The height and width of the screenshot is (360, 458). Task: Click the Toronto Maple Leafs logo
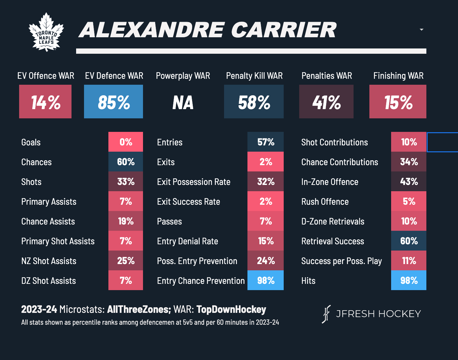pyautogui.click(x=46, y=32)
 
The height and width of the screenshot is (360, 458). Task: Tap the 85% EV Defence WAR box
pyautogui.click(x=113, y=102)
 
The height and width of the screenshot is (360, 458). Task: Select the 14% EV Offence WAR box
pyautogui.click(x=45, y=102)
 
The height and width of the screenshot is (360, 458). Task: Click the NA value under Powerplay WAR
pyautogui.click(x=183, y=103)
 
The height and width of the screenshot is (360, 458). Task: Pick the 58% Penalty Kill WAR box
pyautogui.click(x=254, y=102)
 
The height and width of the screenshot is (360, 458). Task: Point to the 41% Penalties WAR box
pyautogui.click(x=326, y=102)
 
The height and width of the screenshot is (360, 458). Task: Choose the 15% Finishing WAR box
pyautogui.click(x=398, y=102)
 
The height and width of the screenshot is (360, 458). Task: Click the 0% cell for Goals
pyautogui.click(x=126, y=142)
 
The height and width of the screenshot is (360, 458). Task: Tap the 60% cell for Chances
pyautogui.click(x=126, y=162)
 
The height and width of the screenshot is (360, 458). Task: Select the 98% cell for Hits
pyautogui.click(x=409, y=281)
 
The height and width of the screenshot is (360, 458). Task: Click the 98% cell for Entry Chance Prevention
pyautogui.click(x=266, y=281)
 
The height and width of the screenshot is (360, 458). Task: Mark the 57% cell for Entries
pyautogui.click(x=266, y=142)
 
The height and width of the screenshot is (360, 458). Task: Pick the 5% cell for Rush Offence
pyautogui.click(x=409, y=201)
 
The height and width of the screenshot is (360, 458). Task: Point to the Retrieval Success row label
pyautogui.click(x=332, y=241)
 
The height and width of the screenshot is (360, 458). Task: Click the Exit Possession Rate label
pyautogui.click(x=193, y=182)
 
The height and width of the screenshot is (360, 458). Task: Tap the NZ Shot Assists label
pyautogui.click(x=49, y=261)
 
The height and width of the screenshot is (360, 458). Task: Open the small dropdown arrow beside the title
pyautogui.click(x=421, y=30)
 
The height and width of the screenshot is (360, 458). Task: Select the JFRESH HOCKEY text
pyautogui.click(x=378, y=314)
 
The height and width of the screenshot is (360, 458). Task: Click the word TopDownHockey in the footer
pyautogui.click(x=231, y=310)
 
